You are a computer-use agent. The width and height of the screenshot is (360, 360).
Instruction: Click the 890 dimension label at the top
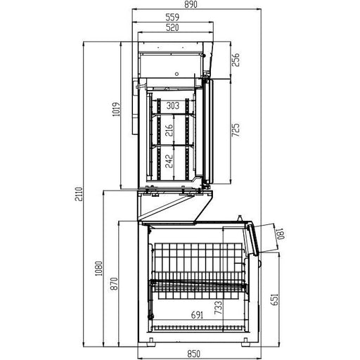click(191, 4)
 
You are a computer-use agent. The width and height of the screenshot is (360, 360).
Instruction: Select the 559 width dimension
click(172, 18)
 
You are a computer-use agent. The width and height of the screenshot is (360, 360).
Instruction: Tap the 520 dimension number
click(172, 27)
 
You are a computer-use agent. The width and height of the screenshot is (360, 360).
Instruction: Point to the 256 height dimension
click(236, 60)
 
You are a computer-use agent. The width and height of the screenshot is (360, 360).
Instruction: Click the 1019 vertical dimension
click(116, 109)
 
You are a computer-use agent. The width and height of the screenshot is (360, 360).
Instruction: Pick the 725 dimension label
click(236, 130)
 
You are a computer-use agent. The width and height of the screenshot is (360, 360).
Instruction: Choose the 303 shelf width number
click(173, 105)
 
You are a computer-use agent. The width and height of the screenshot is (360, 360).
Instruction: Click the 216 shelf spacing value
click(169, 130)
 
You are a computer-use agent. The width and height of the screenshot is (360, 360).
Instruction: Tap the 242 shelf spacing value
click(169, 161)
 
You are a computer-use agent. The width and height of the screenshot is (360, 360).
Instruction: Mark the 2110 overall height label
click(79, 194)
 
